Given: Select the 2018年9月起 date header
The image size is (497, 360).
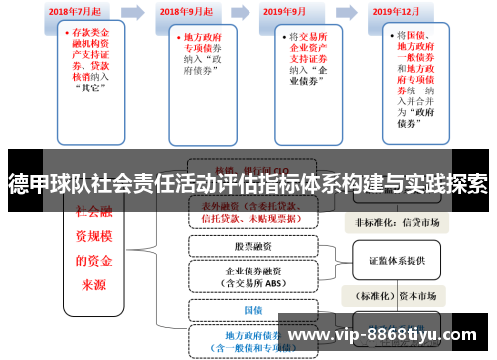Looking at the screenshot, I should [x=186, y=13].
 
